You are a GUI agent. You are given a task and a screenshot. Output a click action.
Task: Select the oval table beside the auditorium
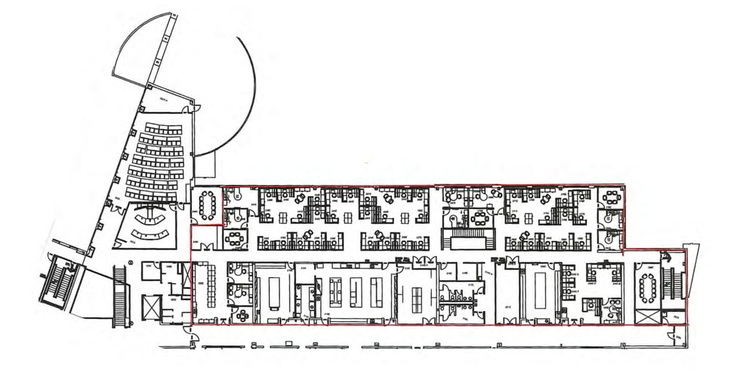coord(208,202)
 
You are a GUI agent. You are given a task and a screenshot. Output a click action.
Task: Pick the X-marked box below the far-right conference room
coord(646,317)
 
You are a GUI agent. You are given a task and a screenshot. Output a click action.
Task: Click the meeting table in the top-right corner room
coord(611,198)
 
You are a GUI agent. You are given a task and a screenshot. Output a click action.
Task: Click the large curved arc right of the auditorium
coord(243,91)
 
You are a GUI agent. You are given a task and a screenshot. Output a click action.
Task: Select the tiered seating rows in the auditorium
coord(155,159)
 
